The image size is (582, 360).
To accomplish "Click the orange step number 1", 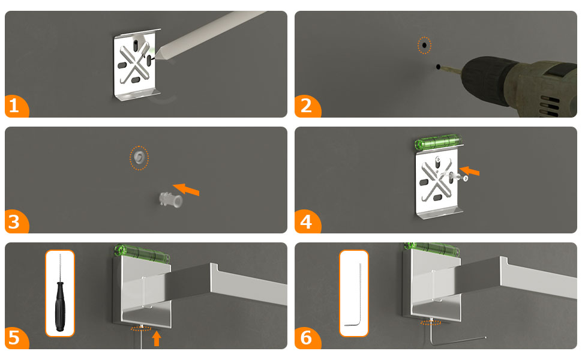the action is point(14,106).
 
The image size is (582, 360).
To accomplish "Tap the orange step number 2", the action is point(306,106).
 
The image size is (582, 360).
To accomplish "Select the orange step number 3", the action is point(14,221).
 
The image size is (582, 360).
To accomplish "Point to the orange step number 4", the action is point(306,221).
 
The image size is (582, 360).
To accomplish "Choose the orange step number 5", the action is point(14,337).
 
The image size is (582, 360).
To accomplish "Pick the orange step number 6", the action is point(306,337).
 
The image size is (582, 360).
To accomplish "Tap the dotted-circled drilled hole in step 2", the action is point(424,45).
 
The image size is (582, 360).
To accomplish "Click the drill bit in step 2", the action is point(450,69).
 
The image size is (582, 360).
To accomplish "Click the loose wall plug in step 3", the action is point(171,199).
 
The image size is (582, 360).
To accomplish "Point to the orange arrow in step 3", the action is point(187,189).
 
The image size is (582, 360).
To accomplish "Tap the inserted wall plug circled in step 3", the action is point(139,157).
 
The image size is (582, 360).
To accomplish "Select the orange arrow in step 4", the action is point(470,171).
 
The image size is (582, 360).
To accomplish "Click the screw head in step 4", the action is point(465,179).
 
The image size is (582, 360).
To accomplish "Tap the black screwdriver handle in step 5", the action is point(60,307).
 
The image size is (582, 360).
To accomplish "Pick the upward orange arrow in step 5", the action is point(157,338).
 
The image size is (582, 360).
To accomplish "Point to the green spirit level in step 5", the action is point(142,253).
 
